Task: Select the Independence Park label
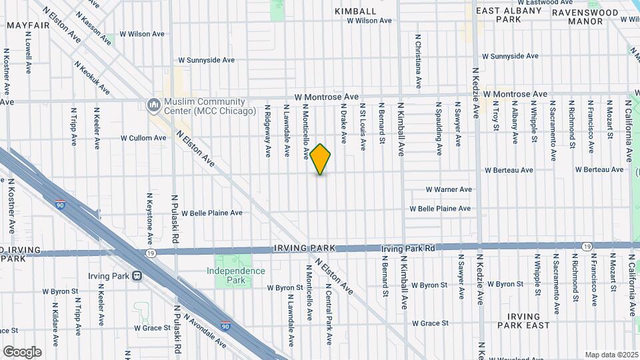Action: (235, 275)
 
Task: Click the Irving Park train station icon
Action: (137, 275)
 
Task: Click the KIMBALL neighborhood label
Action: (356, 11)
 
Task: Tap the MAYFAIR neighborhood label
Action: (29, 25)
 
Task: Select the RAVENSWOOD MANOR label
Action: (577, 16)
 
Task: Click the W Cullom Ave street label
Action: (143, 138)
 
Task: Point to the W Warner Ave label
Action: (449, 189)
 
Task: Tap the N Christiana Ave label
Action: (418, 61)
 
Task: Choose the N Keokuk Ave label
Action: (92, 78)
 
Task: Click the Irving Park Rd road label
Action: (408, 248)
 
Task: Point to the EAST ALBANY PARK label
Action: (509, 15)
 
